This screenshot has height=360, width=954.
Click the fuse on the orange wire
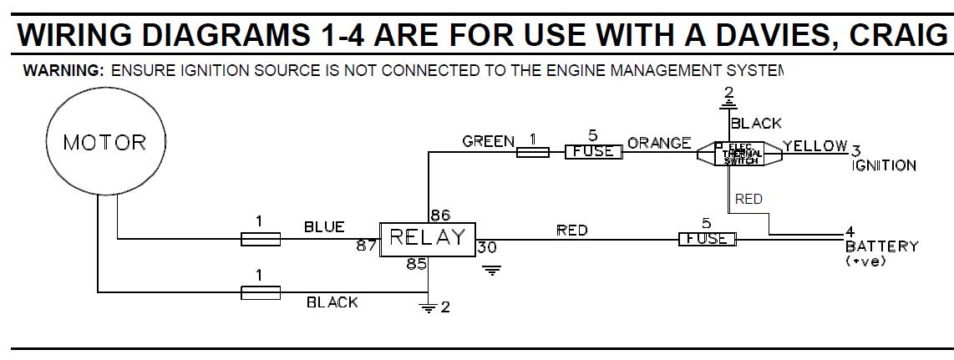pyautogui.click(x=593, y=152)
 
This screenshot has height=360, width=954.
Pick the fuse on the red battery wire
pyautogui.click(x=707, y=240)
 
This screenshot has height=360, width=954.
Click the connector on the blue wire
pyautogui.click(x=260, y=240)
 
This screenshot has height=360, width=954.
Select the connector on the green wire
pyautogui.click(x=532, y=152)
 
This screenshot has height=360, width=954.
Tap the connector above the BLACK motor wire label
pyautogui.click(x=260, y=292)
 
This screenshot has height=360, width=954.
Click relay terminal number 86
pyautogui.click(x=439, y=215)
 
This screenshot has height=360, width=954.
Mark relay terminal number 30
pyautogui.click(x=486, y=248)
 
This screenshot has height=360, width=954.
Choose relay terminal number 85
pyautogui.click(x=416, y=265)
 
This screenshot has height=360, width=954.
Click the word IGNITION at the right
pyautogui.click(x=884, y=165)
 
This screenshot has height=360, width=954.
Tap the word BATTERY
pyautogui.click(x=881, y=246)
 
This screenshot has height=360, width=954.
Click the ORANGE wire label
pyautogui.click(x=659, y=143)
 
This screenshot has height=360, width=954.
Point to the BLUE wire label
pyautogui.click(x=324, y=227)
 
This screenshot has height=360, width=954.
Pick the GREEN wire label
pyautogui.click(x=488, y=142)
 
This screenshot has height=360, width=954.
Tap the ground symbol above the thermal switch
pyautogui.click(x=728, y=104)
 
